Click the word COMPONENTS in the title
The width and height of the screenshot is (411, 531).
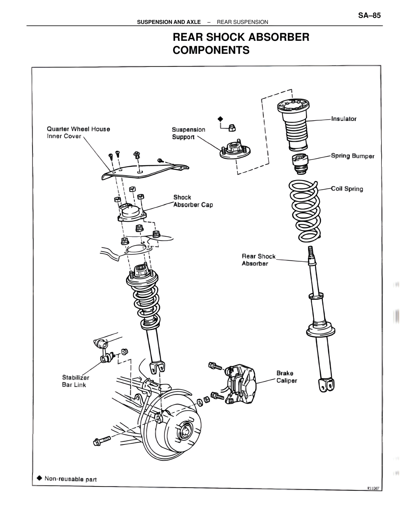pos(211,50)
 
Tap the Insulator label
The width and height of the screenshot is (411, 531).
pos(344,119)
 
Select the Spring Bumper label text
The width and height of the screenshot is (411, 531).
pos(353,156)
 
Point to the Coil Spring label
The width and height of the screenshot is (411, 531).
pos(347,189)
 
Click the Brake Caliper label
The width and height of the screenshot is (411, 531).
pos(286,377)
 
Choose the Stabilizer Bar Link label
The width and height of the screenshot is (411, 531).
pos(75,381)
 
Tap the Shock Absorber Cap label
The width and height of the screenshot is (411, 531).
pos(193,201)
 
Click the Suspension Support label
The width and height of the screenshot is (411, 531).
pos(188,133)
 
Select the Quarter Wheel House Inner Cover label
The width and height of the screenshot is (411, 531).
pos(78,132)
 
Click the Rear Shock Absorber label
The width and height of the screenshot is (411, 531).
pos(258,260)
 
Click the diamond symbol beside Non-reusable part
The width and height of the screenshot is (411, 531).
pos(39,478)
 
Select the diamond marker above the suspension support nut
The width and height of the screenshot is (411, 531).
pos(220,119)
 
